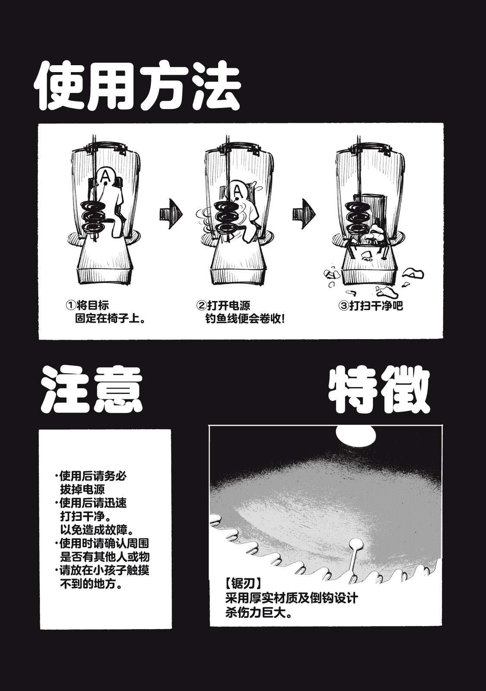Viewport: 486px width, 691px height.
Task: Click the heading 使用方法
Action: [x=137, y=86]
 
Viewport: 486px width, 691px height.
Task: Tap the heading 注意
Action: [x=92, y=390]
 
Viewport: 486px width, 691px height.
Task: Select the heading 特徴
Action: [x=379, y=389]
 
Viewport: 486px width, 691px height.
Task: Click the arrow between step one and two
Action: [x=171, y=214]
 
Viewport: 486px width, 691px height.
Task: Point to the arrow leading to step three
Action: [x=304, y=214]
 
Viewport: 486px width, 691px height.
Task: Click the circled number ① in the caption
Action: [x=71, y=305]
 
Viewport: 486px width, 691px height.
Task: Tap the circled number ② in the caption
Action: [x=201, y=306]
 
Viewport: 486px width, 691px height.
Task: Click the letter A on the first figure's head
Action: [x=106, y=176]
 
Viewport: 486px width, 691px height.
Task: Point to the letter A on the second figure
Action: [x=238, y=192]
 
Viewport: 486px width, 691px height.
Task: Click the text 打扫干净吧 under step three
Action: [x=376, y=306]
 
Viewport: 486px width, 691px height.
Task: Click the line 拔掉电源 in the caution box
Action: [x=83, y=490]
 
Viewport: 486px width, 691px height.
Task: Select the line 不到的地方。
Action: [x=91, y=584]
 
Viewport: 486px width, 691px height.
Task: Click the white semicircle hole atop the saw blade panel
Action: [x=356, y=436]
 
